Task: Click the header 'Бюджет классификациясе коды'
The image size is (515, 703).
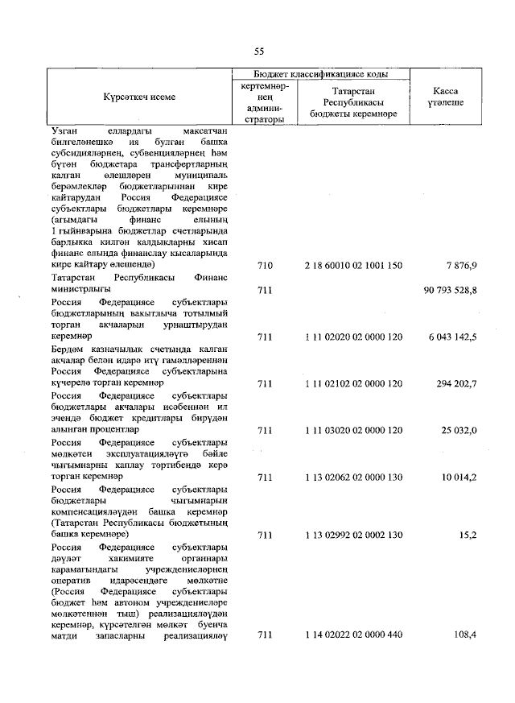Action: pyautogui.click(x=319, y=74)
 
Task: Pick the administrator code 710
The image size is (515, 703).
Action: pyautogui.click(x=264, y=265)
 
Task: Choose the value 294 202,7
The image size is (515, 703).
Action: pyautogui.click(x=455, y=384)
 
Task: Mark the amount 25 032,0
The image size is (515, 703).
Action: pyautogui.click(x=458, y=431)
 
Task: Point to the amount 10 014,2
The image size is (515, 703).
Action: pyautogui.click(x=458, y=478)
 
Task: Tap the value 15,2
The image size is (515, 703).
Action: pyautogui.click(x=467, y=534)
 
